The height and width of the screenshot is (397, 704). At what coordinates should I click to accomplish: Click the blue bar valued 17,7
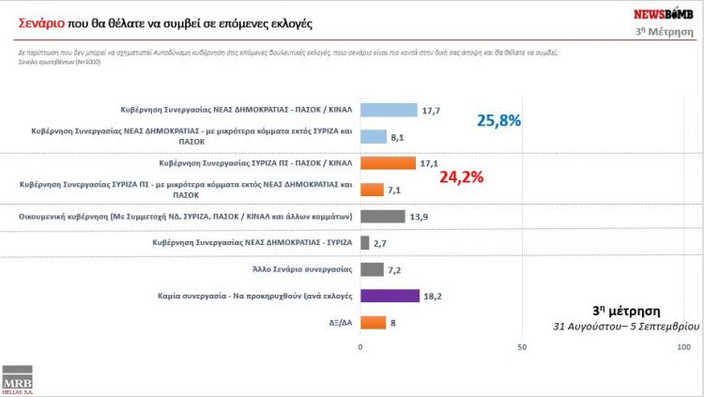point(389,110)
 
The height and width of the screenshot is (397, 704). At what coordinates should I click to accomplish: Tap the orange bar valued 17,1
point(388,162)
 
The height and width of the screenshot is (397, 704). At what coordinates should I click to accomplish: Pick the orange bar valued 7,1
point(372,189)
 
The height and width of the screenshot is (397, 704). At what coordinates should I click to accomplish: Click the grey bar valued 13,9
point(383,216)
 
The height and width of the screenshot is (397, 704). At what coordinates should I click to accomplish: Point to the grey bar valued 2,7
point(365,242)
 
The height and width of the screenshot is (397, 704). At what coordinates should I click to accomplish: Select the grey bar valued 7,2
point(372,268)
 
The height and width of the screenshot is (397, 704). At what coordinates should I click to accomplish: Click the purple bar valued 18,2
point(390,296)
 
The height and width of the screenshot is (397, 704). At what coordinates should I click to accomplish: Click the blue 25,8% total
point(498,121)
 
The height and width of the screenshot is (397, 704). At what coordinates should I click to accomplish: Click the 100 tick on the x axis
point(683,347)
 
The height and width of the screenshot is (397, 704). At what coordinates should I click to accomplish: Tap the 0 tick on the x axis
point(360,347)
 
